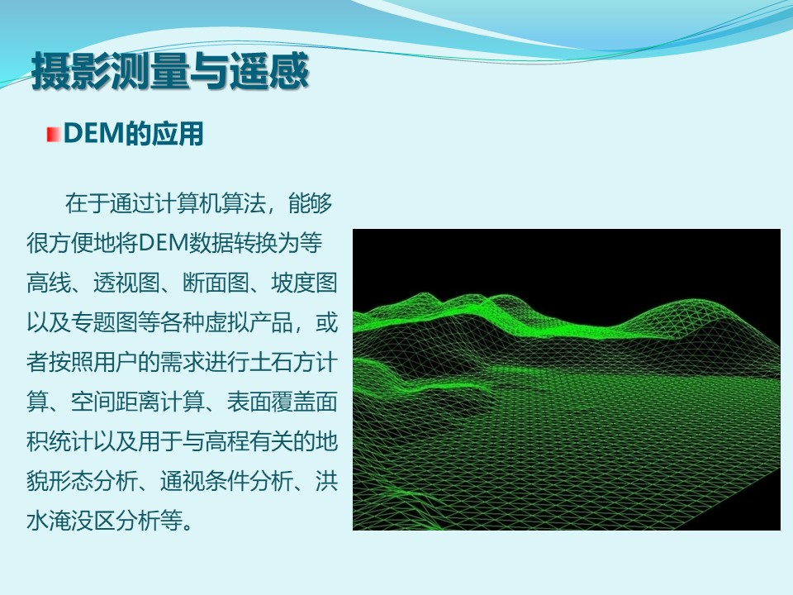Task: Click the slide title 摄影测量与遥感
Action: pos(170,71)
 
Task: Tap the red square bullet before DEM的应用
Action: pos(53,135)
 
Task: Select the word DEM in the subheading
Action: pos(94,134)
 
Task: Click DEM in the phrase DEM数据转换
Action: pos(164,243)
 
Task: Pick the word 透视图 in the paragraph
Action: pos(127,283)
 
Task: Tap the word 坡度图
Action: pos(305,283)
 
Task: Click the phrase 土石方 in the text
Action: pos(283,362)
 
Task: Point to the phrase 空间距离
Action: pos(116,402)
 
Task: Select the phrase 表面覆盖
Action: pos(271,402)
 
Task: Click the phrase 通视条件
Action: pos(205,481)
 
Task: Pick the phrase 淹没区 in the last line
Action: pos(83,521)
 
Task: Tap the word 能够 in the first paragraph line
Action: pos(311,203)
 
